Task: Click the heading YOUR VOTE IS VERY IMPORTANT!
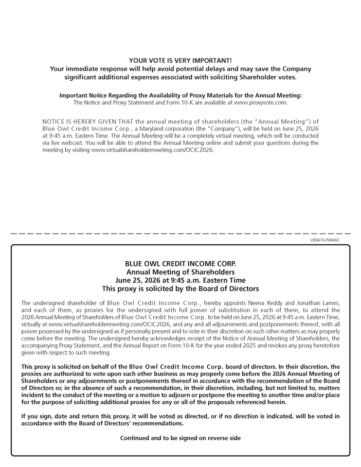coord(180,60)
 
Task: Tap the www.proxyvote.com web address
coord(260,103)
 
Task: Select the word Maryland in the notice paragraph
coord(143,128)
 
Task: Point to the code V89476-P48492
coord(325,240)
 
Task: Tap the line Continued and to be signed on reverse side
coord(180,438)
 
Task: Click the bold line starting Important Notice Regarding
coord(180,95)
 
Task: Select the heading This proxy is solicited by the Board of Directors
coord(180,288)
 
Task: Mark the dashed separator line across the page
coord(180,234)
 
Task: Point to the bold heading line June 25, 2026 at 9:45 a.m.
coord(180,280)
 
